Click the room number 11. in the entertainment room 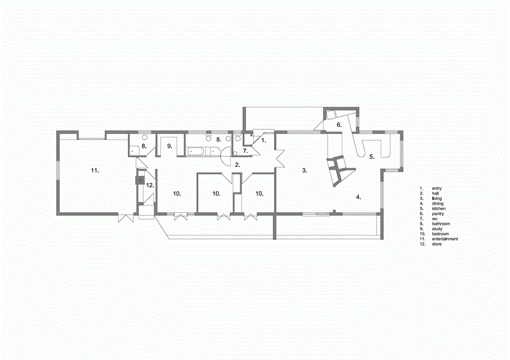96,171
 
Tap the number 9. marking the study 170,147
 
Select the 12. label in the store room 150,185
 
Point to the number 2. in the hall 237,165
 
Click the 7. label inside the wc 245,152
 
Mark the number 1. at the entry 265,139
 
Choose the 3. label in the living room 305,171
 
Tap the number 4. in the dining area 358,198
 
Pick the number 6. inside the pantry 340,126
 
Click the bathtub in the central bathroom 198,152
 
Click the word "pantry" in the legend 439,213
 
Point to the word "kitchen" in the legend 440,208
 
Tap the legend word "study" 439,229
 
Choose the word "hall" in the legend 437,193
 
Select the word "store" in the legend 438,244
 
